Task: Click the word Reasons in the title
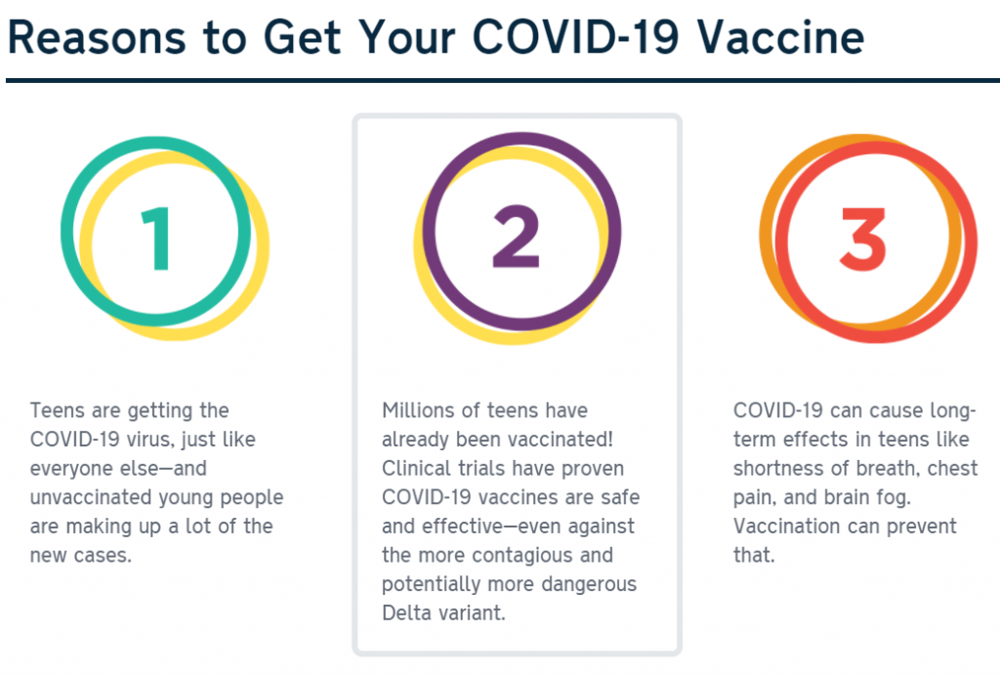click(x=97, y=37)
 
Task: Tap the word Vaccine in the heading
click(x=780, y=37)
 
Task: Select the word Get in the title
click(x=303, y=37)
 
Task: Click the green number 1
click(x=156, y=238)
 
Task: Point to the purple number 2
click(x=517, y=236)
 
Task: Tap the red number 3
click(x=863, y=239)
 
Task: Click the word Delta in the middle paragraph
click(x=404, y=612)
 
